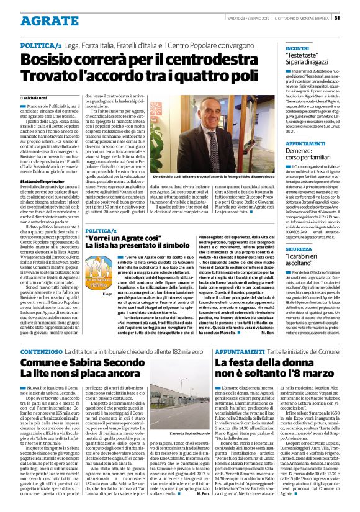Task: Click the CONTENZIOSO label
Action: click(41, 351)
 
